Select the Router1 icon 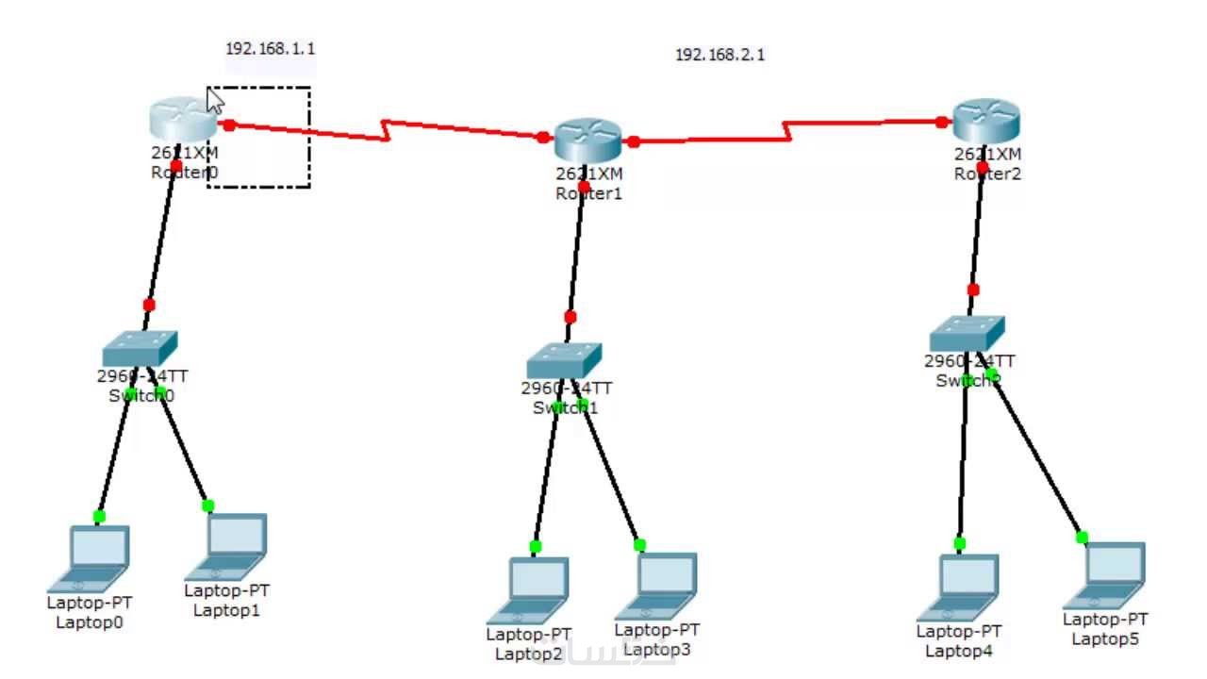tap(587, 141)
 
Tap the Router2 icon tap(987, 121)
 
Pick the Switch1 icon tap(564, 360)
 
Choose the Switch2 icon tap(967, 333)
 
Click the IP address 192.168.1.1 tap(270, 48)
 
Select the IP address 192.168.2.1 tap(719, 55)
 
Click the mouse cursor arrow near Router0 tap(214, 100)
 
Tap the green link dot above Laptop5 tap(1082, 538)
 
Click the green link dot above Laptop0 tap(99, 516)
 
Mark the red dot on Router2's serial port tap(941, 122)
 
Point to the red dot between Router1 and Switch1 tap(570, 317)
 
